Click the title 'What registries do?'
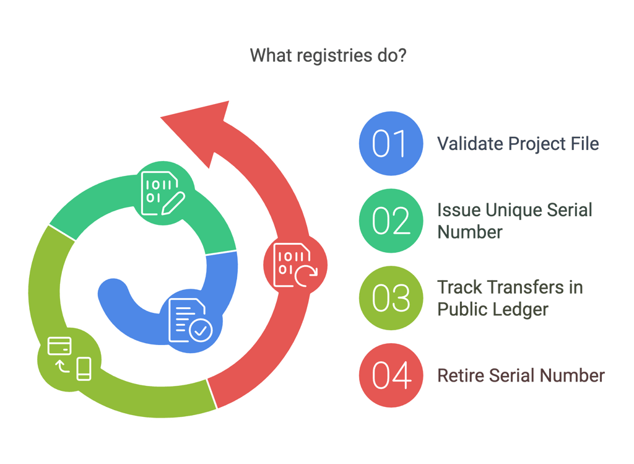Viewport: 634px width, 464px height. click(328, 56)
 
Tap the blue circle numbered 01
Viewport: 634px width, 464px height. click(391, 143)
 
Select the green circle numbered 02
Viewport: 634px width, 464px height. click(391, 221)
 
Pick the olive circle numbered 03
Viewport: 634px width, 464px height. click(391, 298)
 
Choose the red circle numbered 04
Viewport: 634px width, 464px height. click(391, 375)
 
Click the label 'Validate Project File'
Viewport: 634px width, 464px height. click(518, 144)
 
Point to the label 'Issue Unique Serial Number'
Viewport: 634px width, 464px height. click(515, 221)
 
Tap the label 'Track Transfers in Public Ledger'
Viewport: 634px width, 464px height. click(510, 298)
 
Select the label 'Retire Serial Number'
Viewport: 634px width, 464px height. click(521, 375)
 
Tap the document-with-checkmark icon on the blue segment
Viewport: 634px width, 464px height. click(189, 320)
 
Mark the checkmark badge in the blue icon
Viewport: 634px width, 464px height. click(199, 331)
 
